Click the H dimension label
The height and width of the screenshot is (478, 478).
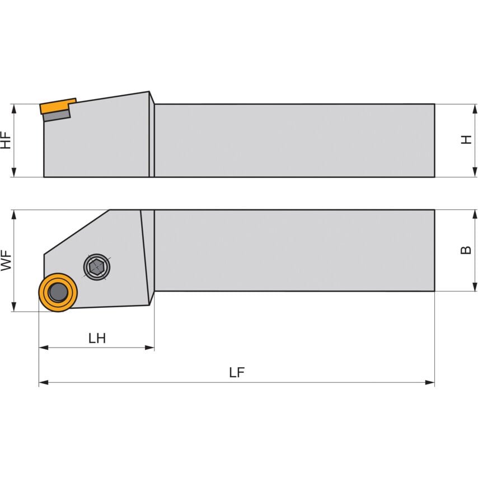pyautogui.click(x=466, y=139)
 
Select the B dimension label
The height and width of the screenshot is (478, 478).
pyautogui.click(x=466, y=250)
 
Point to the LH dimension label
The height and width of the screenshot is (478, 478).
pyautogui.click(x=97, y=338)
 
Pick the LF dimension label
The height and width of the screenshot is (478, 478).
pyautogui.click(x=237, y=373)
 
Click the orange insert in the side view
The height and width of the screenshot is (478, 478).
pyautogui.click(x=57, y=106)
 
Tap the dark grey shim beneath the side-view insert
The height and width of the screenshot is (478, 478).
pyautogui.click(x=57, y=115)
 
